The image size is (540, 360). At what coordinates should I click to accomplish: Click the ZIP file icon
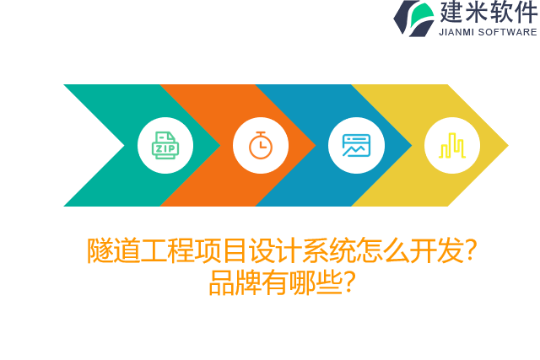165,145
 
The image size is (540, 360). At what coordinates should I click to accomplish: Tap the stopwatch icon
261,145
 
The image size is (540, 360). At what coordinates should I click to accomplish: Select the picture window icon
356,145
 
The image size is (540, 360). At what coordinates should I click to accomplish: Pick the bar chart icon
452,145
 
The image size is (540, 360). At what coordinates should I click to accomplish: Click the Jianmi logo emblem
413,18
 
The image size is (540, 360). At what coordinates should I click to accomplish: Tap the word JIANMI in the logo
456,32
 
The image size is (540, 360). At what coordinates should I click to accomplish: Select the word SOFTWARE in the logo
508,32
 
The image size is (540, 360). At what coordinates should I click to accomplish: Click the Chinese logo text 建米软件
488,13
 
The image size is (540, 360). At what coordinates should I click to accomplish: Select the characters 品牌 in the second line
235,282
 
